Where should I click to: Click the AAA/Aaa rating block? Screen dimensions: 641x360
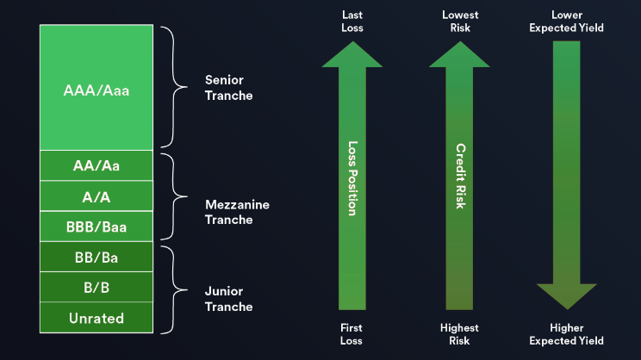pos(96,88)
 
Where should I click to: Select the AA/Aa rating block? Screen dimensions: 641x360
pos(96,165)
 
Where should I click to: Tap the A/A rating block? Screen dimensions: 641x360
pos(96,196)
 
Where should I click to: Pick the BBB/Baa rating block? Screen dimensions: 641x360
pos(96,227)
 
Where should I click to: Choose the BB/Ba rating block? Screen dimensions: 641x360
pos(96,257)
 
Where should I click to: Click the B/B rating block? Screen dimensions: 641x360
pos(96,287)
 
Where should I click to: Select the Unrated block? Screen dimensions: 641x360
pos(96,318)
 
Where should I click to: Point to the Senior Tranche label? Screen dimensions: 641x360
pos(228,88)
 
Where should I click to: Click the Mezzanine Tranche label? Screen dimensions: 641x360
pos(237,212)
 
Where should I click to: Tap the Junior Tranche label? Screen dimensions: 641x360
pos(228,299)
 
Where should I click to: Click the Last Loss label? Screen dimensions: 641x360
pos(352,22)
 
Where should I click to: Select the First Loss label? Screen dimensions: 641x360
pos(352,334)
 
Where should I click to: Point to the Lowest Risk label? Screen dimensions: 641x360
pos(460,22)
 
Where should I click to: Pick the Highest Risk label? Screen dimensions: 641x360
pos(459,334)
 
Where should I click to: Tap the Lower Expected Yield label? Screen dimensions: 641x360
pos(567,22)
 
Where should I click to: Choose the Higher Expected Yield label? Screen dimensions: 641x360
pos(567,334)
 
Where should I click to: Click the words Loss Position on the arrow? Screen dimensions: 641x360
pos(352,178)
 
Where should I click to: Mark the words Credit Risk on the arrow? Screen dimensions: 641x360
pos(460,176)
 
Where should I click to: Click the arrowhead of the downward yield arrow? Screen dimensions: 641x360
pos(567,296)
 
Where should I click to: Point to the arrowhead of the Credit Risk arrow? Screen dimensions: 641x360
pos(459,54)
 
